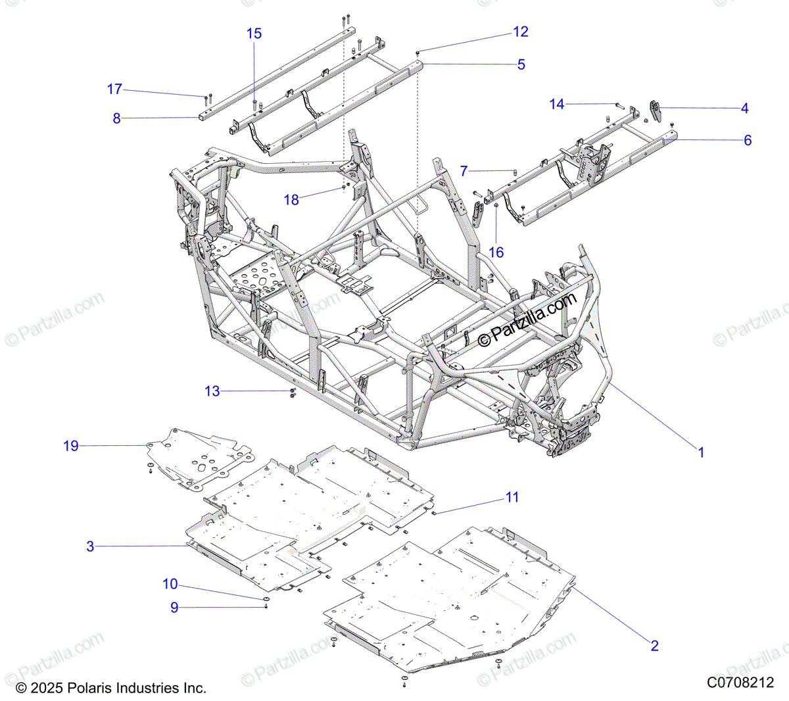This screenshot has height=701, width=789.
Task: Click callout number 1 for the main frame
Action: coord(701,452)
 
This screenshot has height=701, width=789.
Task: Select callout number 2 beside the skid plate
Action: coord(654,646)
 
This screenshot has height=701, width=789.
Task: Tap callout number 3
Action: coord(91,546)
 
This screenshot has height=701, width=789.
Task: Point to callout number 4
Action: coord(744,109)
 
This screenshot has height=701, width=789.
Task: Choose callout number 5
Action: coord(521,64)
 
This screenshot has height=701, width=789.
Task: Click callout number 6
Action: coord(748,140)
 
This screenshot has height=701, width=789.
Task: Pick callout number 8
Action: coord(117,118)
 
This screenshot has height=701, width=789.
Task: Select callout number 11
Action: coord(512,497)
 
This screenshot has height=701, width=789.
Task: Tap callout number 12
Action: coord(521,32)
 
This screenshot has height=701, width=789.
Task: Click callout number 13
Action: coord(212,391)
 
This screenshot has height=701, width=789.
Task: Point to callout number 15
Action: coord(254,34)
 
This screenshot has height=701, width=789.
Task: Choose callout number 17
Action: coord(114,89)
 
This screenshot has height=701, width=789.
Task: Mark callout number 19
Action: coord(70,446)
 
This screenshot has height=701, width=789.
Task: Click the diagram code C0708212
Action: coord(740,683)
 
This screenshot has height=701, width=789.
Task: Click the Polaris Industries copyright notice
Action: coord(110,688)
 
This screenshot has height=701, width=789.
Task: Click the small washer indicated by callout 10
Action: coord(266,598)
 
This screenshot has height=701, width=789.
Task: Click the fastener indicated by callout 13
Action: coord(291,393)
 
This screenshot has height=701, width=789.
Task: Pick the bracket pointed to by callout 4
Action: coord(654,110)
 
